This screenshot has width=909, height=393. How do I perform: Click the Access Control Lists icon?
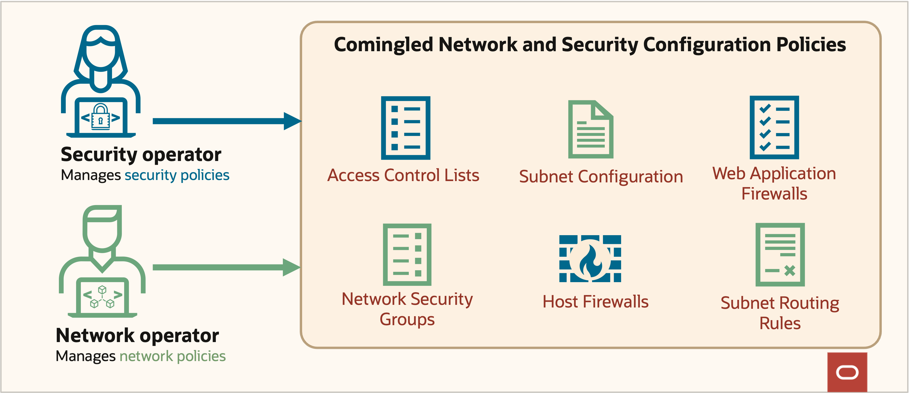click(405, 128)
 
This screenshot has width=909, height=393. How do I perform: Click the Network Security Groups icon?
click(407, 254)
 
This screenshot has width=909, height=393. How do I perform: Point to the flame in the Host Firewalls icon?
click(590, 261)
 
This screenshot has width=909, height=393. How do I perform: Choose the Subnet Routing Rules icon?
click(780, 254)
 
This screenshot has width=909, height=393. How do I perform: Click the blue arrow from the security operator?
click(226, 121)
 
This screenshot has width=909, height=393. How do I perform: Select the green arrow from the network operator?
click(226, 267)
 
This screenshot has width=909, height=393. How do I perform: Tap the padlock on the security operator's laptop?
click(101, 118)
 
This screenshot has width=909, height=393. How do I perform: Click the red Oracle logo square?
click(847, 372)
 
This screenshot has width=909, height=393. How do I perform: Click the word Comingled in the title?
click(383, 45)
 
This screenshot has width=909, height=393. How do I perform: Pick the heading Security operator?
click(141, 154)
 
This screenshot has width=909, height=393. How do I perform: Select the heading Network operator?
click(137, 335)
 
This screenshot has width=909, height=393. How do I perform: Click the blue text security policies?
click(177, 175)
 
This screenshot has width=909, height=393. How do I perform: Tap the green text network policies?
click(172, 356)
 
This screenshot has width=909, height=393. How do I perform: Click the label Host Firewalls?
click(595, 302)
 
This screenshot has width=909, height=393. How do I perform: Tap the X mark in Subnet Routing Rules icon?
click(789, 271)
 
